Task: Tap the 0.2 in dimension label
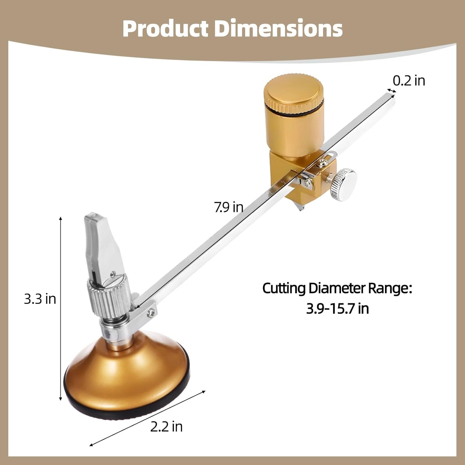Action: click(409, 81)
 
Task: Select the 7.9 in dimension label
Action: click(229, 207)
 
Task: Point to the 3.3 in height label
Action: click(40, 299)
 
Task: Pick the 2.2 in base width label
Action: click(166, 427)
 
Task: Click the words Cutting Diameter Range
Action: click(337, 288)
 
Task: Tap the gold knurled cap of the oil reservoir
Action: click(294, 93)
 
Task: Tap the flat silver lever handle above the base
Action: click(100, 239)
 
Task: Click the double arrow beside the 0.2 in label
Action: click(391, 91)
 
